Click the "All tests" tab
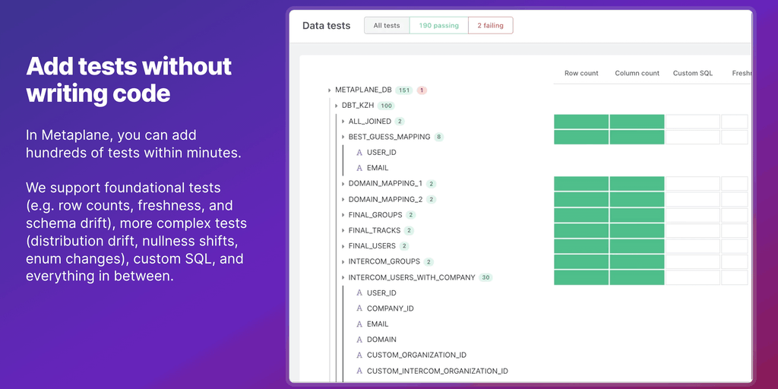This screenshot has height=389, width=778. (x=387, y=26)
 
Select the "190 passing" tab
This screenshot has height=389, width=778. (x=439, y=26)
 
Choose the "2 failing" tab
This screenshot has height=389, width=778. (x=490, y=26)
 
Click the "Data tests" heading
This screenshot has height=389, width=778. (x=327, y=26)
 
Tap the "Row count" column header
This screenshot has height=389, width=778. (x=581, y=74)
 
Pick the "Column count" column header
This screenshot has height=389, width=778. (x=637, y=74)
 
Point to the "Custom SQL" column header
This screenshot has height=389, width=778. (x=693, y=74)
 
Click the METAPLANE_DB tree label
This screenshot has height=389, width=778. (x=363, y=90)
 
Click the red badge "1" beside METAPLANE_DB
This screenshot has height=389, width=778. (x=422, y=90)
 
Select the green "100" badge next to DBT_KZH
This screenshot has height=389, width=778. (x=387, y=106)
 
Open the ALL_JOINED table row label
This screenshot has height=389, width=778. (x=370, y=122)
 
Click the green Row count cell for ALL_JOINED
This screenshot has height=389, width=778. (x=581, y=122)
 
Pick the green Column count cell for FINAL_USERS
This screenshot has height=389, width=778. (x=637, y=246)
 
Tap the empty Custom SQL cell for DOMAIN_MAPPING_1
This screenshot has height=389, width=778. (x=693, y=184)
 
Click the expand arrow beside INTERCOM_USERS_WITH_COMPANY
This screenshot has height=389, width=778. (x=343, y=277)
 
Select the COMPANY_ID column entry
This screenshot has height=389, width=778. (x=390, y=308)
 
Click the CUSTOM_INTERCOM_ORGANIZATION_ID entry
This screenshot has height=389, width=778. (x=437, y=371)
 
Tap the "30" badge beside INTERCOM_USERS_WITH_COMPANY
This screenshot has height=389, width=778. (x=485, y=277)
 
